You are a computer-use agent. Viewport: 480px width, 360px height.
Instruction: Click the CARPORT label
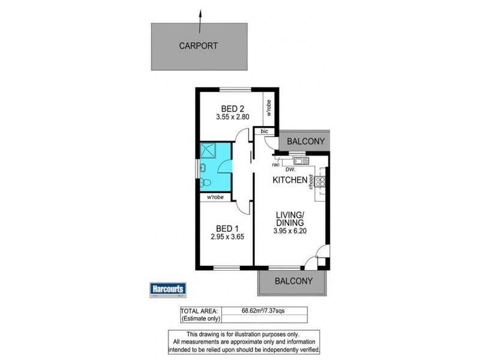199,45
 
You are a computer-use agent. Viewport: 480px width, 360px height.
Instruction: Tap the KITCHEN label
290,180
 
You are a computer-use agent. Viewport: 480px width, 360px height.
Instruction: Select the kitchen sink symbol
299,160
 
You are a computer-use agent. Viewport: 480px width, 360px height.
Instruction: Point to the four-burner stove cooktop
320,182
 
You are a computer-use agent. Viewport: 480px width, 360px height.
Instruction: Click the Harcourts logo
168,290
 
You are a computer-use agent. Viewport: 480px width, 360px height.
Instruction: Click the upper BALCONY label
305,142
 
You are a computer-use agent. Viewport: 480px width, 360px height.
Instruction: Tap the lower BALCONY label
293,281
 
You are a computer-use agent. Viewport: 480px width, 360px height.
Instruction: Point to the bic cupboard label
263,131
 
